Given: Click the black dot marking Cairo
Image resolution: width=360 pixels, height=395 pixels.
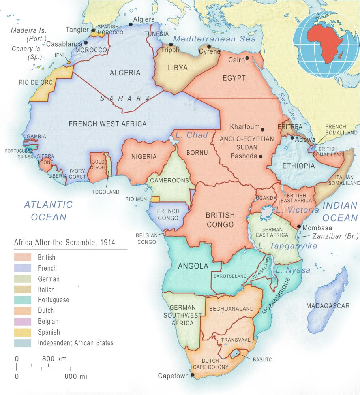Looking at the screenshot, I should point(247,58).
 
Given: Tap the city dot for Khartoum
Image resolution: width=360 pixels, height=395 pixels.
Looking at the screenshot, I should point(262,129).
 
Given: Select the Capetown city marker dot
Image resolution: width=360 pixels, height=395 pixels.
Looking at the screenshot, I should point(192,375).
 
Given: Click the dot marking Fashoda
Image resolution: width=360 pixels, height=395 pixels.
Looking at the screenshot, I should point(261,157).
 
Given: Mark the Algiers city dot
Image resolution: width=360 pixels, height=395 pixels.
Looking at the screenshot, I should point(131,24).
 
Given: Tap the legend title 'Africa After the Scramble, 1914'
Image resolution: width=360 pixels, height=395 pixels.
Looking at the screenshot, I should point(65,243).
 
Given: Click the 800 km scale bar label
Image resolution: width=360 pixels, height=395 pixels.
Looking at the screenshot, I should point(54,359).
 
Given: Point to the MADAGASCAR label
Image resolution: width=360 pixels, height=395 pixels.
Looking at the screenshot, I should point(328,306).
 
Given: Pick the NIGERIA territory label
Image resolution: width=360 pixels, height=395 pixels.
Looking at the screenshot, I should point(144,156).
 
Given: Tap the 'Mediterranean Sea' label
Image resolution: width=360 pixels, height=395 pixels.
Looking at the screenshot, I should point(214,39).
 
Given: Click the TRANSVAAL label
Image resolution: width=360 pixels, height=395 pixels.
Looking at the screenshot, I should point(236,340).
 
